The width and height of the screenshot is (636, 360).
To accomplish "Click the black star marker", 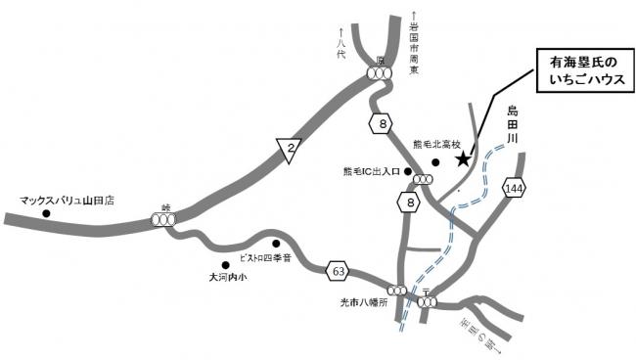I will point(464,159).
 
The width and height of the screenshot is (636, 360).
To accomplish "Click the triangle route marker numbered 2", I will point(288,150).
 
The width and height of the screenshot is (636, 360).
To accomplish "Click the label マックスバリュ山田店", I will point(67,200).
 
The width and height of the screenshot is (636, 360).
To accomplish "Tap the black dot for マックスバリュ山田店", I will point(45,213).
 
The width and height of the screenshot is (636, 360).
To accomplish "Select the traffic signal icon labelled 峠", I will point(163,220).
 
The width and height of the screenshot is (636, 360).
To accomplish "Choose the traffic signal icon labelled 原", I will point(380,72).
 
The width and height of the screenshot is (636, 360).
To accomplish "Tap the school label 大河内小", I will point(231,278).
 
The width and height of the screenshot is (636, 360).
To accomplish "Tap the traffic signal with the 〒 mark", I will point(428,303).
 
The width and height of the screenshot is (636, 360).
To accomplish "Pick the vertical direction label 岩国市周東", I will point(414,49).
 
